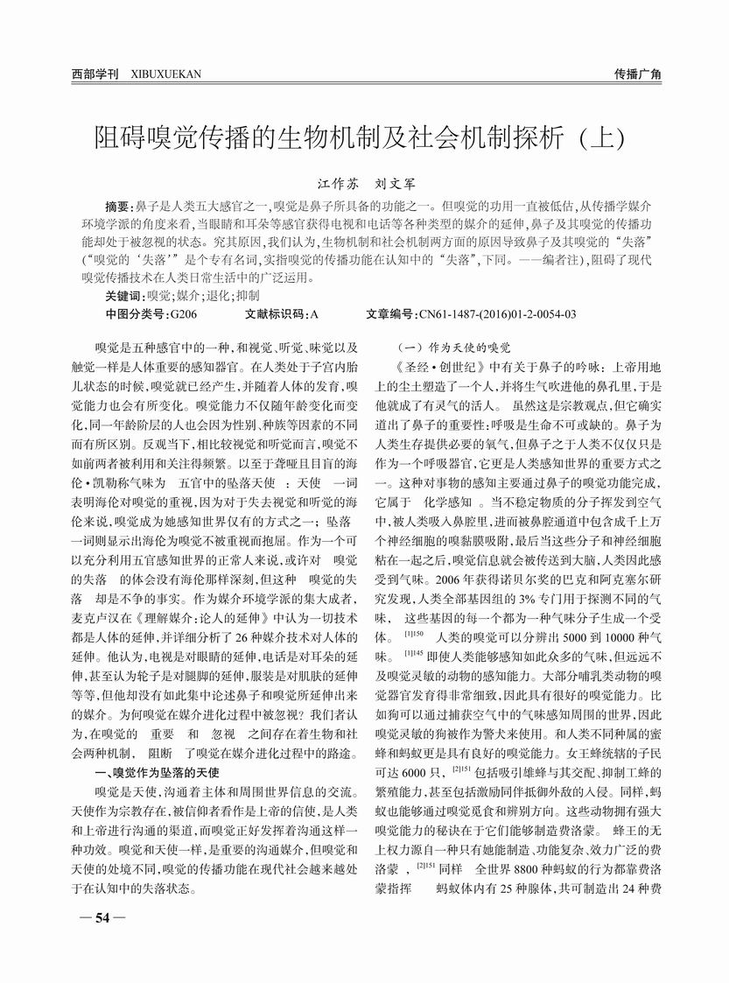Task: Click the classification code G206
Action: pos(184,312)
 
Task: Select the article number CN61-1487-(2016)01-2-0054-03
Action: pos(495,312)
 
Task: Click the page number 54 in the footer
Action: pos(101,917)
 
